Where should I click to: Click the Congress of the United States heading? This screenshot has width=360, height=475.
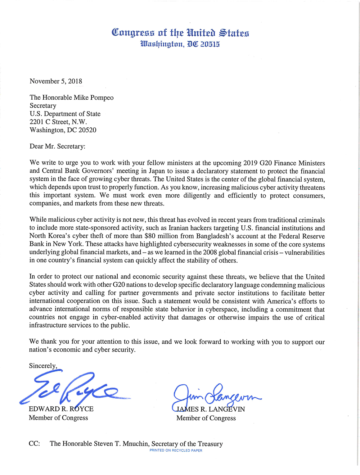coord(180,33)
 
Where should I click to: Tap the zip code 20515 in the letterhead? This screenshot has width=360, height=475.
coord(210,44)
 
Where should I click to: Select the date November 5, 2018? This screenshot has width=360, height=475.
coord(56,81)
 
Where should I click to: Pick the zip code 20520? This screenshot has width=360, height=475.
coord(87,130)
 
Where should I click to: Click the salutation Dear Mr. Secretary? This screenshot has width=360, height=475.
coord(57,146)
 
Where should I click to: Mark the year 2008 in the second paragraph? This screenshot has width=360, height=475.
coord(211,253)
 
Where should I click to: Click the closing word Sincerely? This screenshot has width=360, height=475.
coord(43,366)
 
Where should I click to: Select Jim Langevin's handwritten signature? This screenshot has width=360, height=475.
coord(216,396)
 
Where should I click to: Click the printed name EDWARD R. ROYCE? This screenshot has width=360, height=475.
coord(61,409)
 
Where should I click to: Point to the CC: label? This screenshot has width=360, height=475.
coord(34,444)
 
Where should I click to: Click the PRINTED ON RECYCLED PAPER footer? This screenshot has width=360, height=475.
coord(176,451)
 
